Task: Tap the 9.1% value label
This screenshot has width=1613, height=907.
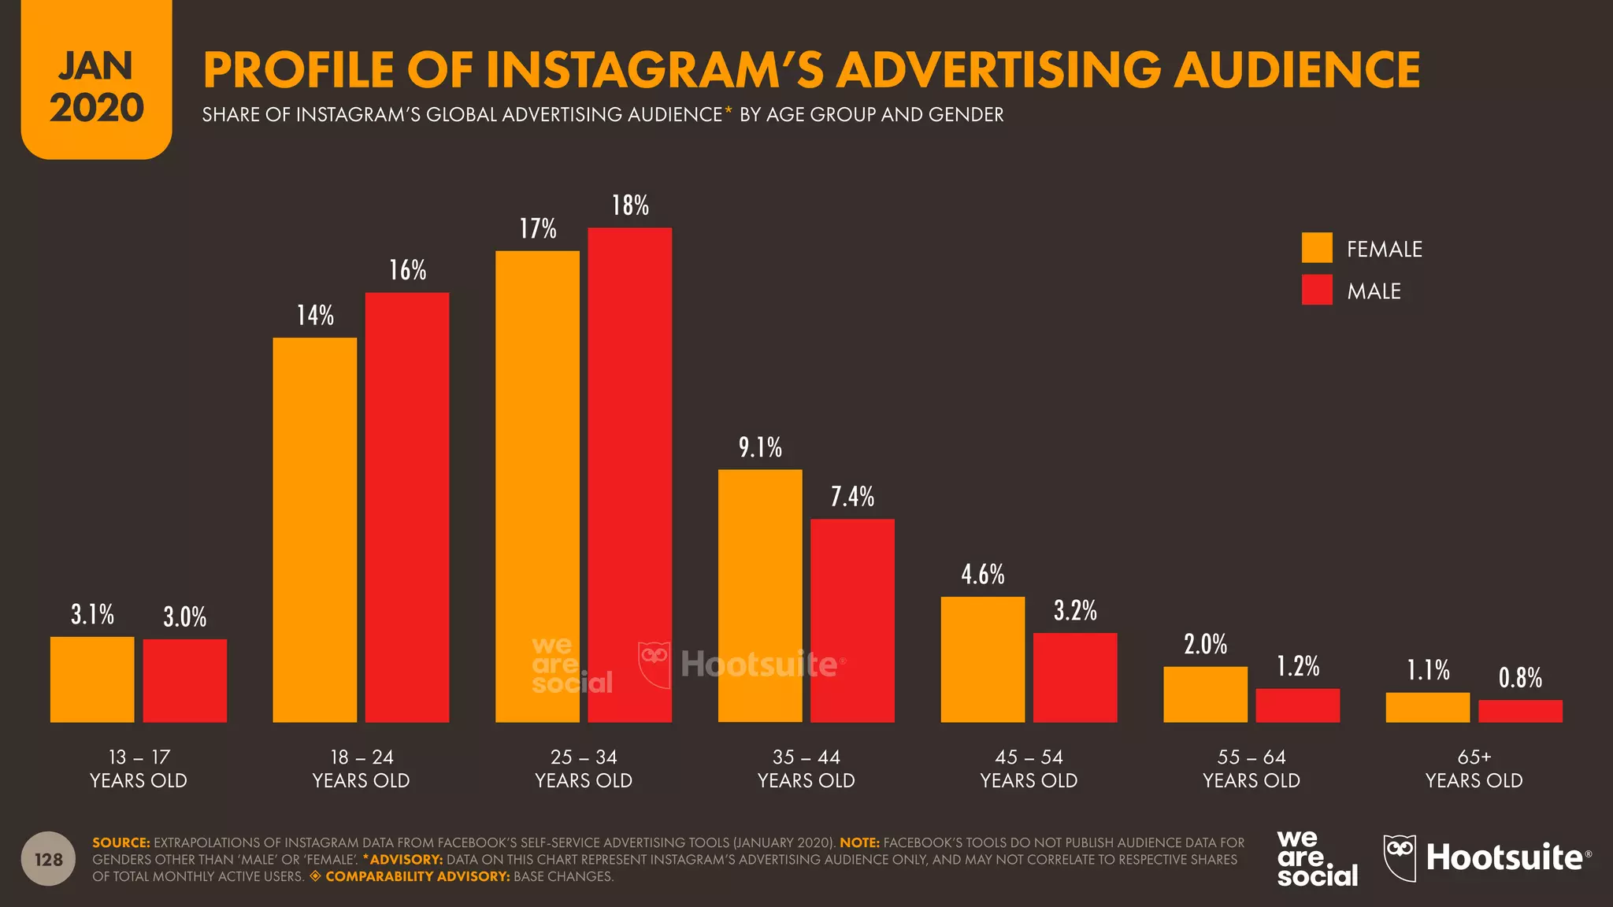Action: pyautogui.click(x=760, y=448)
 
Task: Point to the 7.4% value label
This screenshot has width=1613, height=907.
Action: pyautogui.click(x=852, y=497)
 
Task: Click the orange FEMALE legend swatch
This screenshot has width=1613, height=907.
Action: pyautogui.click(x=1316, y=248)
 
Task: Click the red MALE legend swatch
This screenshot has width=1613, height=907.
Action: pyautogui.click(x=1316, y=290)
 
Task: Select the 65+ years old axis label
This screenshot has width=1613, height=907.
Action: pyautogui.click(x=1474, y=768)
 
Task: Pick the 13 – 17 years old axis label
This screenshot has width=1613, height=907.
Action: pyautogui.click(x=139, y=768)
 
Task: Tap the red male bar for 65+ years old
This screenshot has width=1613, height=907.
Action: pyautogui.click(x=1520, y=711)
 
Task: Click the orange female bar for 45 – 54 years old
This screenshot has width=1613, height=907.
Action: pyautogui.click(x=982, y=659)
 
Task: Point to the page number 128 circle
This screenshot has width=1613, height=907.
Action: pyautogui.click(x=49, y=859)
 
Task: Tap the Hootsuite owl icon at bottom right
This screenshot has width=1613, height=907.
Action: pyautogui.click(x=1400, y=858)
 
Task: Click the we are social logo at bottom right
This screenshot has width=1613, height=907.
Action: pyautogui.click(x=1316, y=858)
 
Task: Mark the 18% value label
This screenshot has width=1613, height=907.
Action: pyautogui.click(x=630, y=205)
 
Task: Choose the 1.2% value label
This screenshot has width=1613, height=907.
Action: pyautogui.click(x=1297, y=667)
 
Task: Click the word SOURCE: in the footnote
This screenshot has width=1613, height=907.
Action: pyautogui.click(x=121, y=842)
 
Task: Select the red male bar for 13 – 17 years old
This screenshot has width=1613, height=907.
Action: pyautogui.click(x=184, y=680)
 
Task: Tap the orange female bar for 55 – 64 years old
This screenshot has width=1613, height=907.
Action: pyautogui.click(x=1205, y=694)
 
